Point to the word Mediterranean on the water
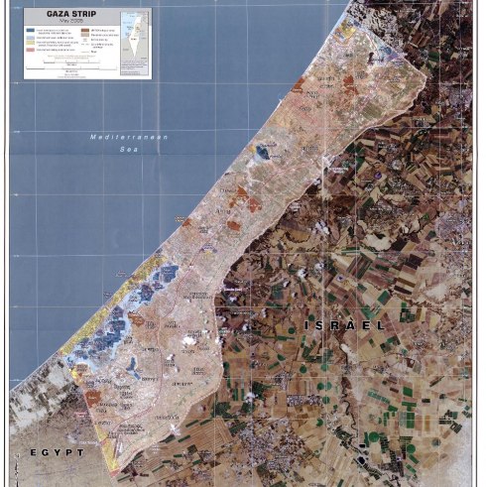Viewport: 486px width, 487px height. tap(129, 136)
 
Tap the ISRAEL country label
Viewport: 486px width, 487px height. tap(343, 324)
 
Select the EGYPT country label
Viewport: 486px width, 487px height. tap(55, 451)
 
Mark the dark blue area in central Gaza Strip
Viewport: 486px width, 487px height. tap(263, 152)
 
